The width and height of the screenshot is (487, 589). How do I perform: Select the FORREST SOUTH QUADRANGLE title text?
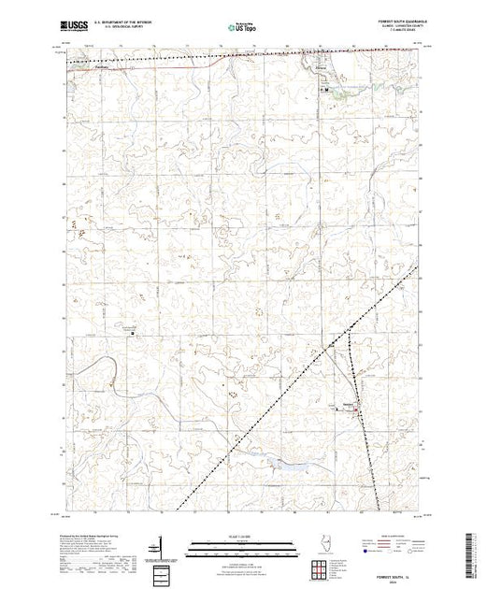394,20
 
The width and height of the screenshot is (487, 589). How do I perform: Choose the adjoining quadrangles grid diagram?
323,566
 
